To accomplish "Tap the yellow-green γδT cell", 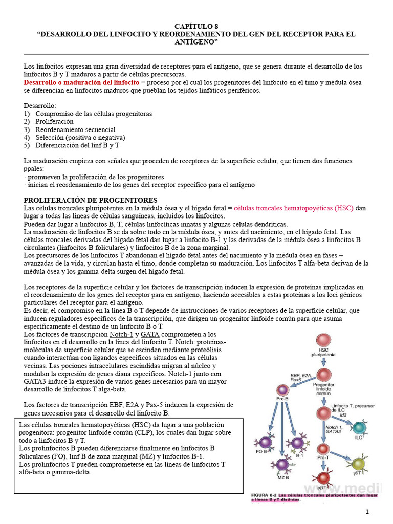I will (x=357, y=464).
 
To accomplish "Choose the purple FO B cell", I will (x=266, y=443).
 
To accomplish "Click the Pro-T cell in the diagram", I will (x=324, y=450).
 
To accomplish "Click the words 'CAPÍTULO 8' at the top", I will (x=196, y=25).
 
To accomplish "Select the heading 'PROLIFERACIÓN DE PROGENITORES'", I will (x=91, y=200).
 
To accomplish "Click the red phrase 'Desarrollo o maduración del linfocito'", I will (x=81, y=82).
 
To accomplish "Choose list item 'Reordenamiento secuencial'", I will (x=75, y=130).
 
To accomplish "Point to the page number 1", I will (x=367, y=512).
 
